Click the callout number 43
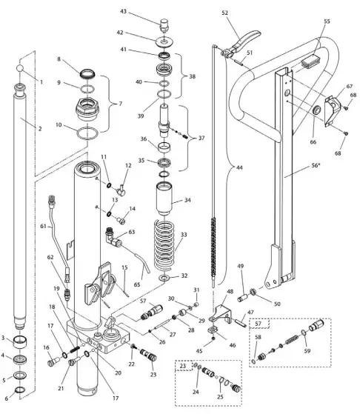(x=144, y=11)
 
